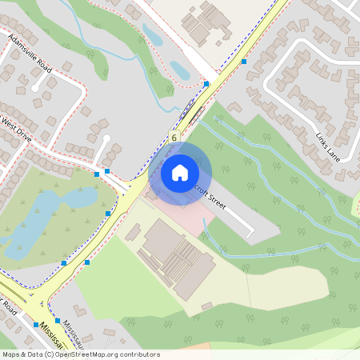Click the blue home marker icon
coord(180,172)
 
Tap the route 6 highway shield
coord(174,137)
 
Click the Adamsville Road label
coord(30,54)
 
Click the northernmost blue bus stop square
coord(244,61)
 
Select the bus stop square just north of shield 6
coord(206,83)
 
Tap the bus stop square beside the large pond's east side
coord(108,214)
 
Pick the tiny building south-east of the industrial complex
coord(206,306)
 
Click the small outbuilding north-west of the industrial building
coord(133,233)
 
